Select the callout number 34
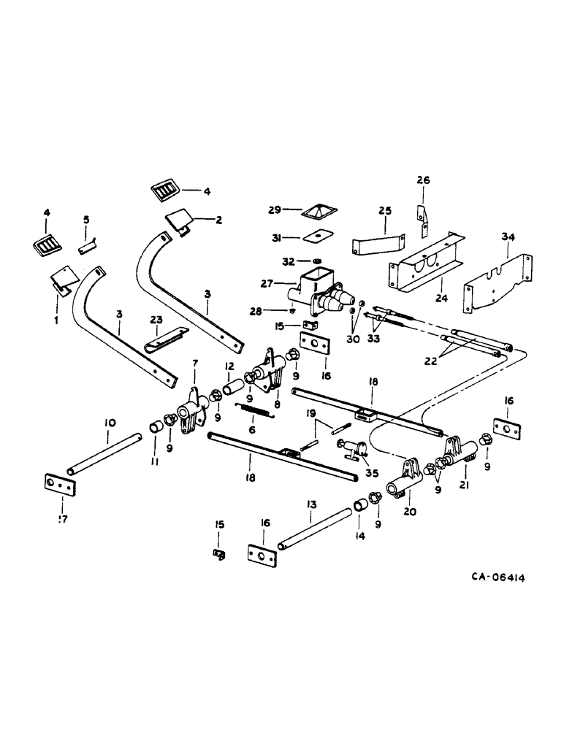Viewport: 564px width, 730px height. pos(508,237)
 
